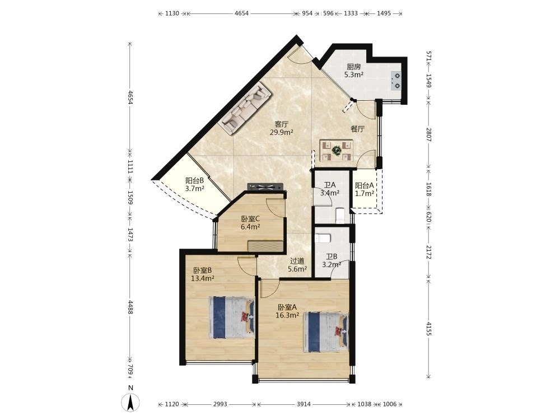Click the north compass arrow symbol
point(130,403)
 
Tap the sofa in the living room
point(245,108)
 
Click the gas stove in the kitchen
point(396,81)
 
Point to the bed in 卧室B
point(232,317)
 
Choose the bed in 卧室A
point(326,332)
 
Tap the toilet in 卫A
point(340,215)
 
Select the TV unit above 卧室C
point(265,186)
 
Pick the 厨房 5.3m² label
point(353,71)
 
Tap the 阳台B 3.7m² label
point(195,185)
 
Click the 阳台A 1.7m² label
point(365,189)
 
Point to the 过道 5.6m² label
point(297,265)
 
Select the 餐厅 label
point(357,129)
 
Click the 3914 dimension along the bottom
point(304,404)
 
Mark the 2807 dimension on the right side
point(429,134)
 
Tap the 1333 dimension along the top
point(351,13)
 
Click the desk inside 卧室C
point(265,246)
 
